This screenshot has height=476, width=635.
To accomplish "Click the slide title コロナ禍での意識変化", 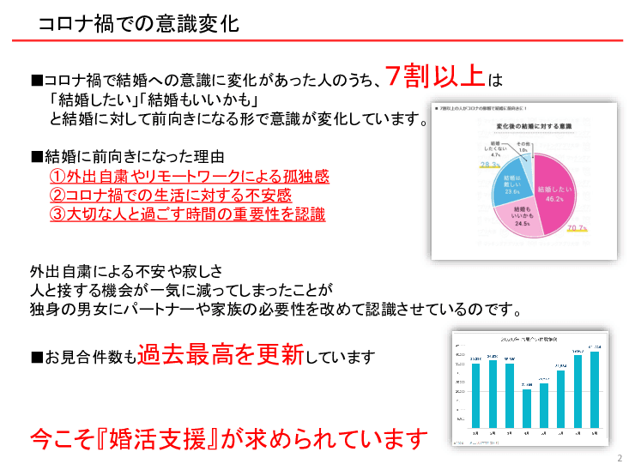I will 138,24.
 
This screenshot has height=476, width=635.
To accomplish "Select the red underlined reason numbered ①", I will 189,177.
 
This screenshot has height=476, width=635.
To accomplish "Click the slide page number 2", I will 620,459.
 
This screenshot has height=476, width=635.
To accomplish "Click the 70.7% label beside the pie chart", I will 577,229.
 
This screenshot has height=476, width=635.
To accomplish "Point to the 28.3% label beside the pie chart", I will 490,164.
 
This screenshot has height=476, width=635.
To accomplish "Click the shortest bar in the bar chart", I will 527,407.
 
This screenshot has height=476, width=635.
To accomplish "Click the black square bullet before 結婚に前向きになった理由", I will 36,157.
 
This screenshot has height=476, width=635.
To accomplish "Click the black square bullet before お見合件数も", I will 36,356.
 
